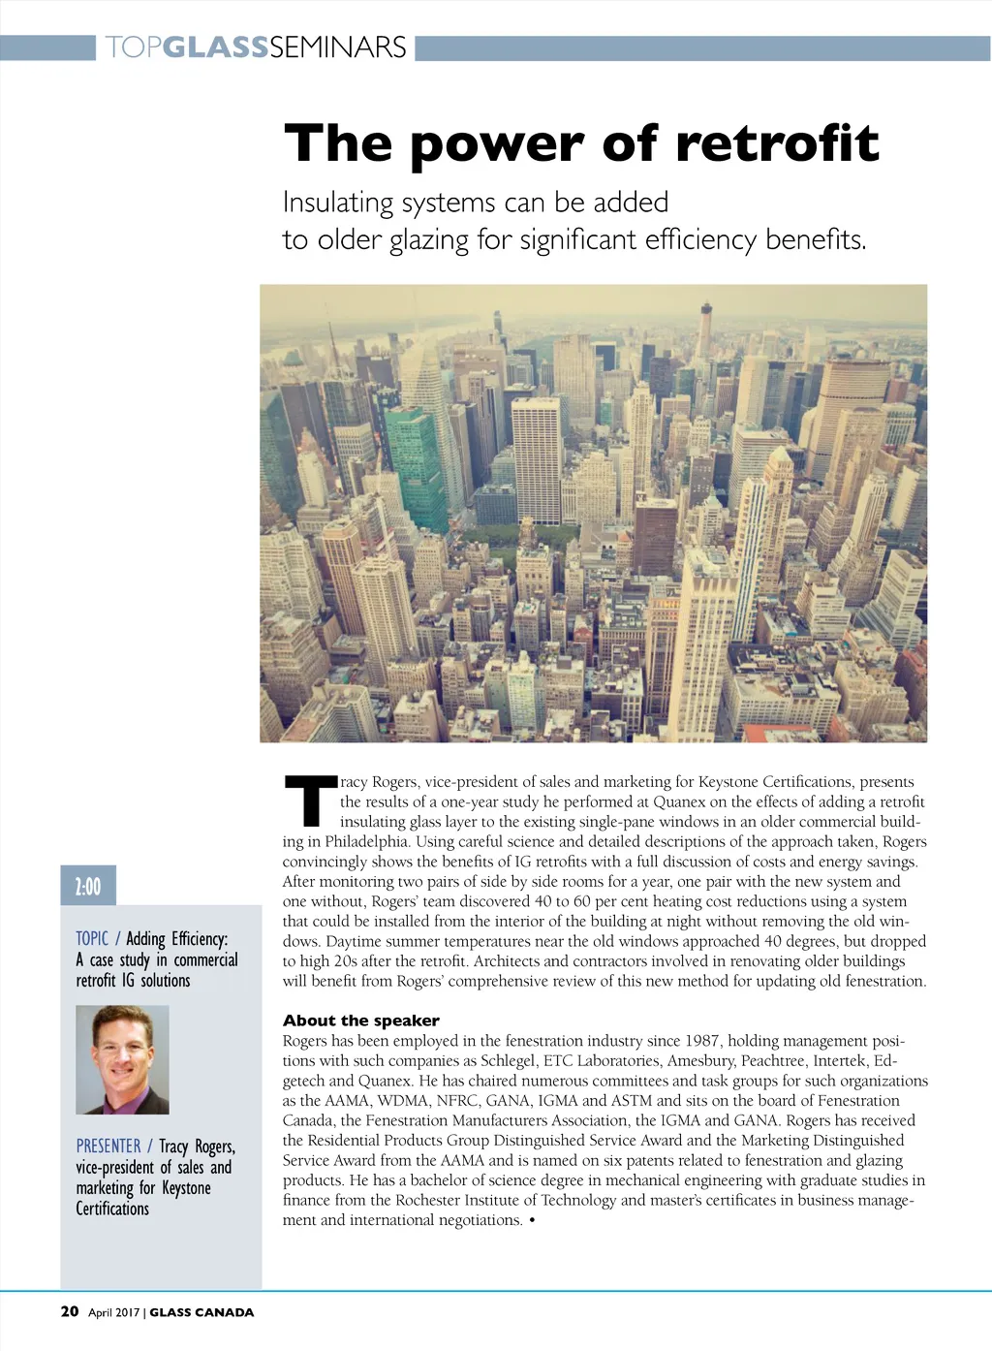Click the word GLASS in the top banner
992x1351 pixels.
(215, 47)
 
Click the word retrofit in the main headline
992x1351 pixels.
(777, 143)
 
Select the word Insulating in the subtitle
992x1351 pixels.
(338, 203)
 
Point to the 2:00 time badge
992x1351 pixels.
(88, 886)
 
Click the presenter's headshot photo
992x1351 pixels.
(122, 1059)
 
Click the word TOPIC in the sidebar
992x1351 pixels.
(92, 938)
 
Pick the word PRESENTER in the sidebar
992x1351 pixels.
(108, 1147)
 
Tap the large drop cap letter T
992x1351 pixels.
(310, 801)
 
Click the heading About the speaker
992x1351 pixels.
(360, 1021)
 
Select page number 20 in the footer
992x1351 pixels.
(70, 1311)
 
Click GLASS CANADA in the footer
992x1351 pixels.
(201, 1312)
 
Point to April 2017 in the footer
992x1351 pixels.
(114, 1312)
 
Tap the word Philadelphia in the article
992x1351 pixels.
(367, 841)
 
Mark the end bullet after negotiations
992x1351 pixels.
(533, 1220)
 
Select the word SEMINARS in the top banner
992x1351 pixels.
(338, 47)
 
